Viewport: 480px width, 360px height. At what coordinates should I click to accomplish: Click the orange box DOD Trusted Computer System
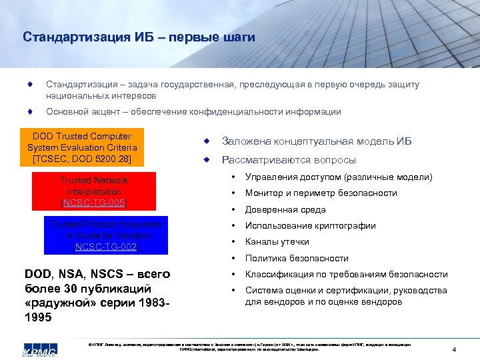pyautogui.click(x=82, y=147)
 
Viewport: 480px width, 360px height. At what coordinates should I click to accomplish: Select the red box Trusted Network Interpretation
pyautogui.click(x=94, y=191)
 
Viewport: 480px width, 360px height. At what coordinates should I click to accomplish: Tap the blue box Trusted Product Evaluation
pyautogui.click(x=105, y=235)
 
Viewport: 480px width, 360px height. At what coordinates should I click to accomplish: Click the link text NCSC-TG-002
pyautogui.click(x=105, y=247)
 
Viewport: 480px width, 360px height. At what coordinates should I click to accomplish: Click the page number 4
pyautogui.click(x=453, y=350)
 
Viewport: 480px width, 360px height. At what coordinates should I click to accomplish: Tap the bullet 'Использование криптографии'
pyautogui.click(x=310, y=226)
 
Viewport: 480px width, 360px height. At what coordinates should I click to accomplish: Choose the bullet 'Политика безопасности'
pyautogui.click(x=297, y=258)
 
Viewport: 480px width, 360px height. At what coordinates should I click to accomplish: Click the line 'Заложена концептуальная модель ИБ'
pyautogui.click(x=317, y=141)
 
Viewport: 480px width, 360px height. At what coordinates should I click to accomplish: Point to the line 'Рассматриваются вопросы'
pyautogui.click(x=289, y=160)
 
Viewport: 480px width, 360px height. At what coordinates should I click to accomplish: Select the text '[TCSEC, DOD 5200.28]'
pyautogui.click(x=82, y=159)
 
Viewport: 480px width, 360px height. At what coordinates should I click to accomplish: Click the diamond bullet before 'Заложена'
pyautogui.click(x=207, y=141)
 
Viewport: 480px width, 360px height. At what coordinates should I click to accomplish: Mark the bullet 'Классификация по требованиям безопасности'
pyautogui.click(x=346, y=275)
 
